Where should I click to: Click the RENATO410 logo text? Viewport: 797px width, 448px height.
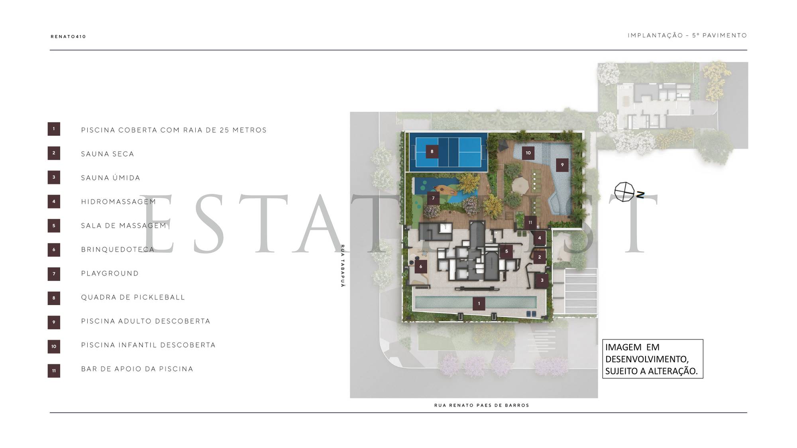(68, 37)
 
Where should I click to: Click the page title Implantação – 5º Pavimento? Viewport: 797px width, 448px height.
(687, 35)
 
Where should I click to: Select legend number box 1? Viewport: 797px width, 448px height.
(54, 129)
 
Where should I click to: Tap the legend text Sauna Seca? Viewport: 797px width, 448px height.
(108, 154)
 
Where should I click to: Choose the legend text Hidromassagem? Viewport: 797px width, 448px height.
(119, 202)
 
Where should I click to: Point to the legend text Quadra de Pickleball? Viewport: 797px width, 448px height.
(133, 297)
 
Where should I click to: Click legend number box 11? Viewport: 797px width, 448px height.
(54, 371)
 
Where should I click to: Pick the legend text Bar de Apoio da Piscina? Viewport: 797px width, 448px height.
(137, 369)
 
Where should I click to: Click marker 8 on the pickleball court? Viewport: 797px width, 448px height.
(432, 151)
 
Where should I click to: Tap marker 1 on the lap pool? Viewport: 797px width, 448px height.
(479, 303)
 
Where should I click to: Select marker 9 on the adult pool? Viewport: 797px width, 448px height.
(562, 165)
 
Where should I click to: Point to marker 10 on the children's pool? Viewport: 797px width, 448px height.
(528, 153)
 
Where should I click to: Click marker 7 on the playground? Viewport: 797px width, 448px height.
(433, 198)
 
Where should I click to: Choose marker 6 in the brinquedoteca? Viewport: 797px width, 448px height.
(421, 266)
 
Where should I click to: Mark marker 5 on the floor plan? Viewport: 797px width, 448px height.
(506, 252)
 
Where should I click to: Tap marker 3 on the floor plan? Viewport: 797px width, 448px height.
(542, 280)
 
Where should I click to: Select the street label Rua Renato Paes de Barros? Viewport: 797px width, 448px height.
(482, 405)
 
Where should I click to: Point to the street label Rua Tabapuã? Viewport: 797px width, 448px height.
(342, 266)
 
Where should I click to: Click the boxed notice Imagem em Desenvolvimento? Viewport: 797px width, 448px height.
(653, 359)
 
